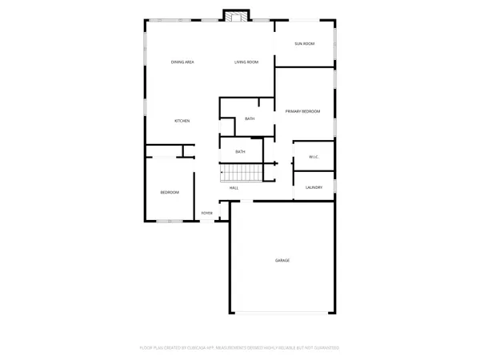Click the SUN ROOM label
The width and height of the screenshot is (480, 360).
point(303,43)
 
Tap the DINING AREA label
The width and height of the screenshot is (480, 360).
point(182,62)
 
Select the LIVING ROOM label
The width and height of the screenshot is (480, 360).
point(246,62)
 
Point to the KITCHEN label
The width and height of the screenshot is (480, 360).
point(182,121)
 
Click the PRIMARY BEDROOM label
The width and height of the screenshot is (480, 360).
point(304,111)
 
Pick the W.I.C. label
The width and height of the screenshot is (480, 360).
point(314,157)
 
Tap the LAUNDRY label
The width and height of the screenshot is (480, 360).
point(314,187)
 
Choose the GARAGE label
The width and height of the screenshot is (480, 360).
point(282,261)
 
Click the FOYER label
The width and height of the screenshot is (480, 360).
point(207,213)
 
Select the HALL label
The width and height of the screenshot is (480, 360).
point(234,188)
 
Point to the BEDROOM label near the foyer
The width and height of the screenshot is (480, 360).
point(170,193)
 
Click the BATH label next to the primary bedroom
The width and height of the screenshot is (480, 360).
point(250,119)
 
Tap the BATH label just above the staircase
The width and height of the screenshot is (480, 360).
point(240,151)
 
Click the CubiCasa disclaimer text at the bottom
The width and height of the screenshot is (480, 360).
point(240,348)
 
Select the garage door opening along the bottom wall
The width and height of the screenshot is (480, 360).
point(282,312)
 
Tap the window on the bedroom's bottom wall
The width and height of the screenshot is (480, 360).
point(170,221)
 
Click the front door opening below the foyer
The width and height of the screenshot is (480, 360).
point(207,221)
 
